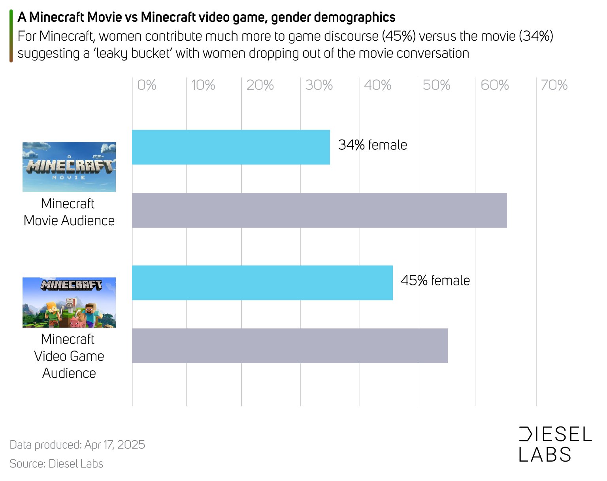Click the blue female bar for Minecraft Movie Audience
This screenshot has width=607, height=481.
(x=231, y=147)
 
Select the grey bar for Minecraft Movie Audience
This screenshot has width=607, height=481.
(x=319, y=210)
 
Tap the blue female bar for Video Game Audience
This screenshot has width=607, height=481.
(x=262, y=283)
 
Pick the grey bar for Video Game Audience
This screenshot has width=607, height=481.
(x=290, y=346)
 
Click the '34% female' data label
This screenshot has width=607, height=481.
(x=372, y=145)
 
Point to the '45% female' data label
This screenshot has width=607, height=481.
(x=435, y=281)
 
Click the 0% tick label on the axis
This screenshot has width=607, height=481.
(x=147, y=85)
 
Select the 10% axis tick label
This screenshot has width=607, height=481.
(x=203, y=85)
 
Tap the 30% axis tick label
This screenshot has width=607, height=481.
(x=319, y=85)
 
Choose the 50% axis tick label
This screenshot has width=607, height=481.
(x=436, y=85)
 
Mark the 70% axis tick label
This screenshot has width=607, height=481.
(x=554, y=85)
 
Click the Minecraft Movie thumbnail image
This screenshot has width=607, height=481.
(x=69, y=167)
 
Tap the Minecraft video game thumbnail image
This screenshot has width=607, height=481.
(x=69, y=302)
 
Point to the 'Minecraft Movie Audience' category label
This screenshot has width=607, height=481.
(x=69, y=212)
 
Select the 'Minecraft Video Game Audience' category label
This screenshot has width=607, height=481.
(x=69, y=356)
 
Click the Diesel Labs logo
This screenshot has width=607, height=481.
(x=555, y=444)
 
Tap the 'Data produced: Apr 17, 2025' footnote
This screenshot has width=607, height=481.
(x=77, y=445)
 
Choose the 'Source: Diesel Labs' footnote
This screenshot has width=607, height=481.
(x=56, y=464)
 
